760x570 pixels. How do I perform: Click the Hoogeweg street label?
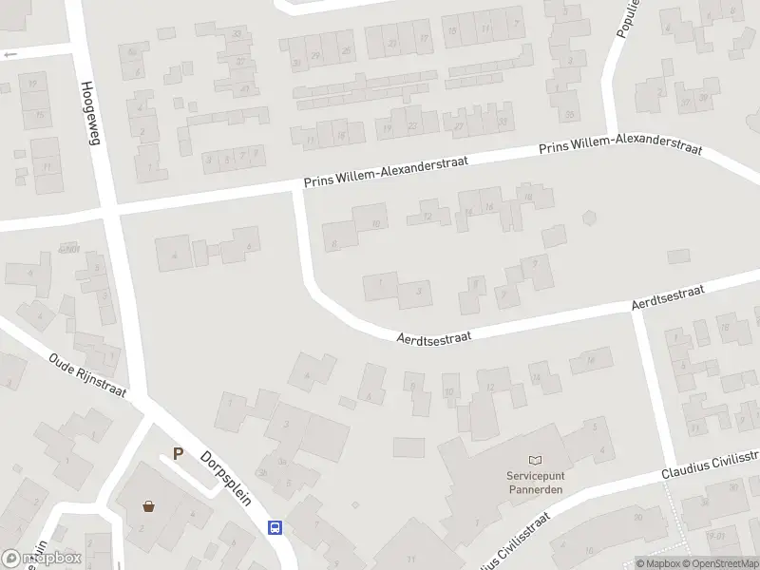[92, 111]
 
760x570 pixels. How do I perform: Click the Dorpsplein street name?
[226, 478]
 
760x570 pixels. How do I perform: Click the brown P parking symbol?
[178, 454]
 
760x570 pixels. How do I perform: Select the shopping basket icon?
[148, 505]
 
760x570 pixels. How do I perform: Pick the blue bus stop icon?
[275, 527]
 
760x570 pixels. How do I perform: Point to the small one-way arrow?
[10, 54]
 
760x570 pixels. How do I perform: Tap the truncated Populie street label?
[624, 18]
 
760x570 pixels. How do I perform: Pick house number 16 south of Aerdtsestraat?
[591, 360]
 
